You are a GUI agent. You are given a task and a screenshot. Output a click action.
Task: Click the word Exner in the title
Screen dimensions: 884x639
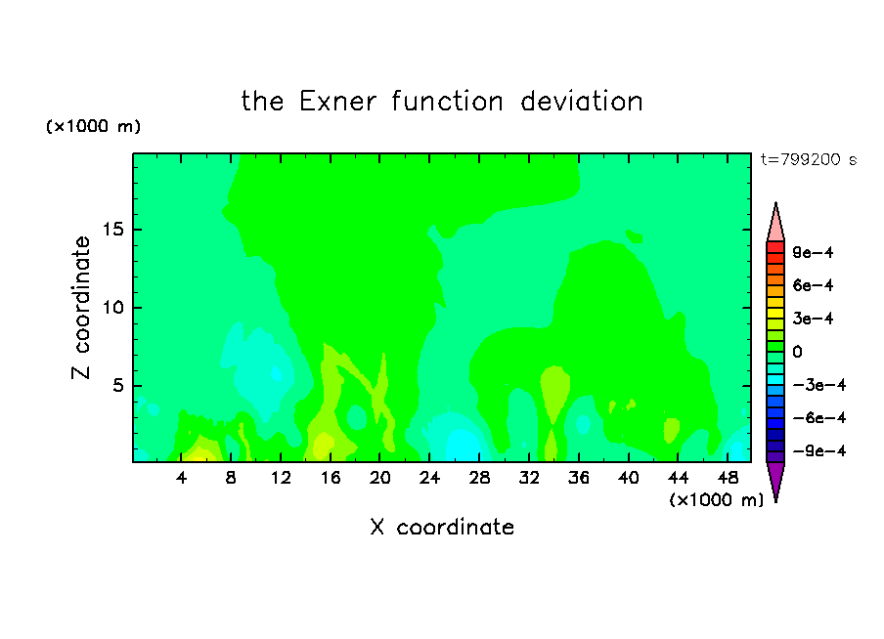coord(337,102)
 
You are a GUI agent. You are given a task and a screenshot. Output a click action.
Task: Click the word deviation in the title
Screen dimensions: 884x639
coord(581,102)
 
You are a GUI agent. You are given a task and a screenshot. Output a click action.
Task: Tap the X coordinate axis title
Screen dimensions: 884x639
coord(442,527)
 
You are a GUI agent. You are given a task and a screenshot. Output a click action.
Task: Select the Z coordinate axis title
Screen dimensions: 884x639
coord(81,308)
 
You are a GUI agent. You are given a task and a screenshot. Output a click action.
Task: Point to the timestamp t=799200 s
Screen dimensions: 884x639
coord(809,160)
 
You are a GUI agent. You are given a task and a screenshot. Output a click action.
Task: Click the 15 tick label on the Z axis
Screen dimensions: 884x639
coord(112,230)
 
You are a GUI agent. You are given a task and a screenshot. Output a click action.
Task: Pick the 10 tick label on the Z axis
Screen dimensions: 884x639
coord(112,308)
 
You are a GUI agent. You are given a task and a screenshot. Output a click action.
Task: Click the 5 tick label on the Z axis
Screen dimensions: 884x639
coord(117,386)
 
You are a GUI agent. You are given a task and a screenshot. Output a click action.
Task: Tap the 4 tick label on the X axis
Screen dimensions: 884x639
coord(181,478)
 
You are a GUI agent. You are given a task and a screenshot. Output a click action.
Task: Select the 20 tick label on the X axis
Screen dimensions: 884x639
coord(380,478)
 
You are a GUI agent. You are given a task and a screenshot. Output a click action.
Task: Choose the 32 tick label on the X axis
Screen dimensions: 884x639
coord(529,478)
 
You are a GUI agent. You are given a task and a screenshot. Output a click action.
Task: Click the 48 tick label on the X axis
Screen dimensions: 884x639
coord(728,478)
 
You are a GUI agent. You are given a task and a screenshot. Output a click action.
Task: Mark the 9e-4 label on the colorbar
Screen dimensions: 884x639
coord(813,252)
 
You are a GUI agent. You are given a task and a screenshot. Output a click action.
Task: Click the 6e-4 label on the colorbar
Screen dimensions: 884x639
coord(813,285)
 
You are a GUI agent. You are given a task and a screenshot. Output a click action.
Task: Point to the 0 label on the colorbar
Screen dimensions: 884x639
coord(797,352)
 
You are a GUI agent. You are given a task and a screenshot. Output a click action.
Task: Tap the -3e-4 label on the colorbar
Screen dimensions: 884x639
coord(819,385)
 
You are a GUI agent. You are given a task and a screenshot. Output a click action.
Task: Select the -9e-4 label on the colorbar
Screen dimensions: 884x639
coord(819,451)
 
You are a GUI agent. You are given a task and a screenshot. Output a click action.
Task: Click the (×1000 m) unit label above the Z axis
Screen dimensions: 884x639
coord(93,126)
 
